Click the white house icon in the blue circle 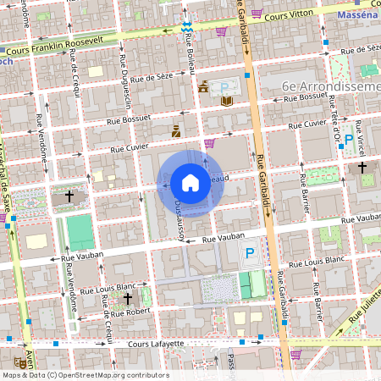(190, 183)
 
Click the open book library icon (227, 101)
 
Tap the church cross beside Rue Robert (128, 298)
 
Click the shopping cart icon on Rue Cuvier (209, 142)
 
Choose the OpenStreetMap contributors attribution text (85, 375)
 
